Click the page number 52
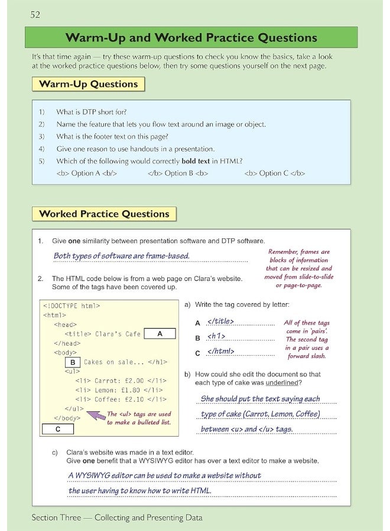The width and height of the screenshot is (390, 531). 37,14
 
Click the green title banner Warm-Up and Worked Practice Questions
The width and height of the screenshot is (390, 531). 191,38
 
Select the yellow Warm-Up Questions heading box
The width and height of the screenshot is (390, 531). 88,84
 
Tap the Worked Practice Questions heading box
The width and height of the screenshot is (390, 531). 104,214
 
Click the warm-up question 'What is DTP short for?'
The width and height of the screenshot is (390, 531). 92,112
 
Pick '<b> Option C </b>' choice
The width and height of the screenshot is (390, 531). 274,173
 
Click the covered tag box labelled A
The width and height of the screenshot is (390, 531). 160,334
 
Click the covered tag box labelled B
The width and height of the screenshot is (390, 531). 72,362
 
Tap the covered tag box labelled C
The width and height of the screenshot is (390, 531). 57,429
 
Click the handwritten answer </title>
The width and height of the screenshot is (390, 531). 220,322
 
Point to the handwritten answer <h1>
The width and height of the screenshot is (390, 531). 216,337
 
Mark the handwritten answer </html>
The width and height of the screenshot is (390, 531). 221,352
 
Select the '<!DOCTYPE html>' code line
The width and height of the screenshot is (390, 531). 71,306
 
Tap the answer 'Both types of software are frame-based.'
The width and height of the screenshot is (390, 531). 121,256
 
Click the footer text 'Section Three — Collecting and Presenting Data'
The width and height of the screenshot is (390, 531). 117,517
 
